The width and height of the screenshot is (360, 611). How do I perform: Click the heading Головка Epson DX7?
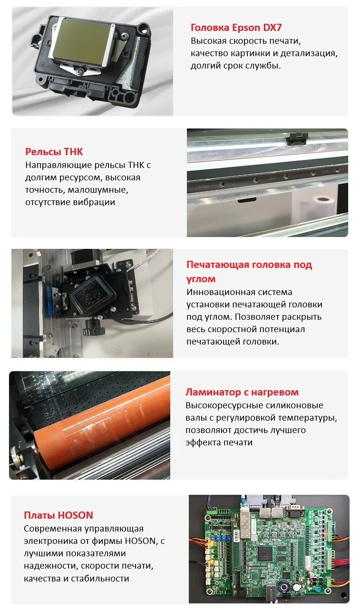tap(236, 28)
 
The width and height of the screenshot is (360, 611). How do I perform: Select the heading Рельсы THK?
tap(54, 152)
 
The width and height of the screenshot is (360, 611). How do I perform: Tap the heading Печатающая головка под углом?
tap(249, 271)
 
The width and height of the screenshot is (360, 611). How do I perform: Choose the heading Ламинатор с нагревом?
tap(242, 392)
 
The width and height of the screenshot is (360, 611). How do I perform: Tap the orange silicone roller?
tap(101, 425)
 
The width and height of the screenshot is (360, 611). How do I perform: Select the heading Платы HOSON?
tap(58, 515)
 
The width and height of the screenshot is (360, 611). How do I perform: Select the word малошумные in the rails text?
tap(98, 190)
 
